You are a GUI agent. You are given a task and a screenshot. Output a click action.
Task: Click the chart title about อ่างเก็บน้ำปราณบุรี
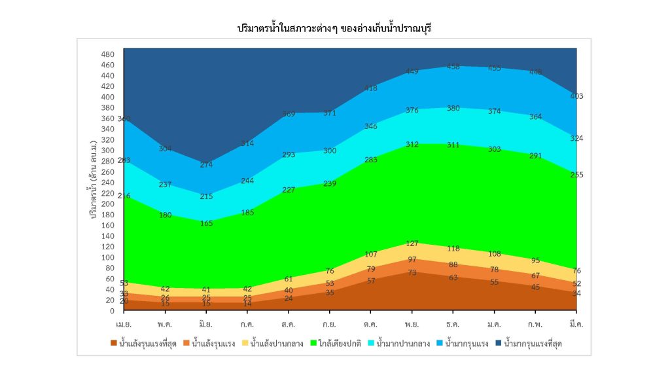pos(335,29)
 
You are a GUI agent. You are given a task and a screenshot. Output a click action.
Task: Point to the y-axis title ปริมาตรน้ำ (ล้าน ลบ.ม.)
pos(94,178)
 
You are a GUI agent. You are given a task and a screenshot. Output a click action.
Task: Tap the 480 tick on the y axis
pos(108,54)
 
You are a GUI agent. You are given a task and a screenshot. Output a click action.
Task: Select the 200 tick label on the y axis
pos(108,204)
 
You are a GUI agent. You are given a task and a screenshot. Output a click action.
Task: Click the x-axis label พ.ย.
pos(412,324)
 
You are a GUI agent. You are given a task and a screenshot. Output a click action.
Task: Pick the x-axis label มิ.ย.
pos(206,324)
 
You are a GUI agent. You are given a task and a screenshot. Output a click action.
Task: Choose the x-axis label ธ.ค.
pos(453,324)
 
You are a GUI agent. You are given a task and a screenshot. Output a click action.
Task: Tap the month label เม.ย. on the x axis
pos(124,324)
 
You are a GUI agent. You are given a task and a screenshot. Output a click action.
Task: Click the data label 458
pos(453,67)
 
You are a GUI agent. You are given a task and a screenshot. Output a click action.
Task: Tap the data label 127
pos(412,243)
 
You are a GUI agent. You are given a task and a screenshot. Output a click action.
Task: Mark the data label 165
pos(206,224)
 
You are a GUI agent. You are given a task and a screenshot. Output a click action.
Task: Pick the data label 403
pos(576,96)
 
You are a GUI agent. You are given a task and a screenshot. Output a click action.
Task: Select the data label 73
pos(412,272)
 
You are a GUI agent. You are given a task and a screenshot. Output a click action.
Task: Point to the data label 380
pos(453,109)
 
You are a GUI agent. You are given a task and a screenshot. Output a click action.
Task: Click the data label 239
pos(330,184)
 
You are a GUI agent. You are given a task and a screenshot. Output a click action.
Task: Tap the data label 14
pos(247,304)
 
